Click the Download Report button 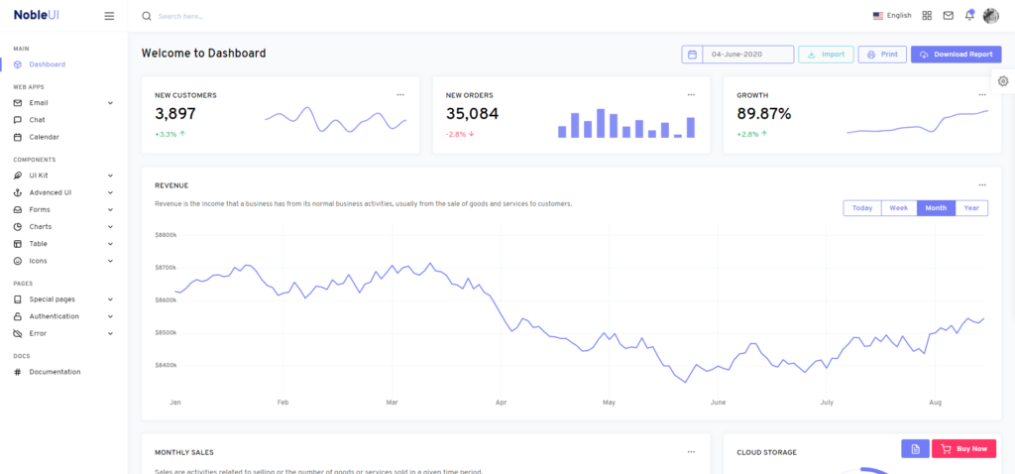point(956,55)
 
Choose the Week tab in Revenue point(898,208)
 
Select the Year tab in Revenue point(971,208)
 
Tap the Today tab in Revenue point(862,208)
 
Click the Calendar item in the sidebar point(44,137)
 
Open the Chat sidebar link point(37,120)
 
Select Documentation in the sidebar point(55,372)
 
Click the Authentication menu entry point(54,316)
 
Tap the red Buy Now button point(963,448)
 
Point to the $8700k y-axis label point(166,268)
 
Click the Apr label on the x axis point(501,403)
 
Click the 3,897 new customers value point(175,114)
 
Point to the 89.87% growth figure point(763,114)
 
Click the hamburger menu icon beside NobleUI point(109,16)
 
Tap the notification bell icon point(969,16)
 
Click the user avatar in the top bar point(991,16)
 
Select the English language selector point(892,16)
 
